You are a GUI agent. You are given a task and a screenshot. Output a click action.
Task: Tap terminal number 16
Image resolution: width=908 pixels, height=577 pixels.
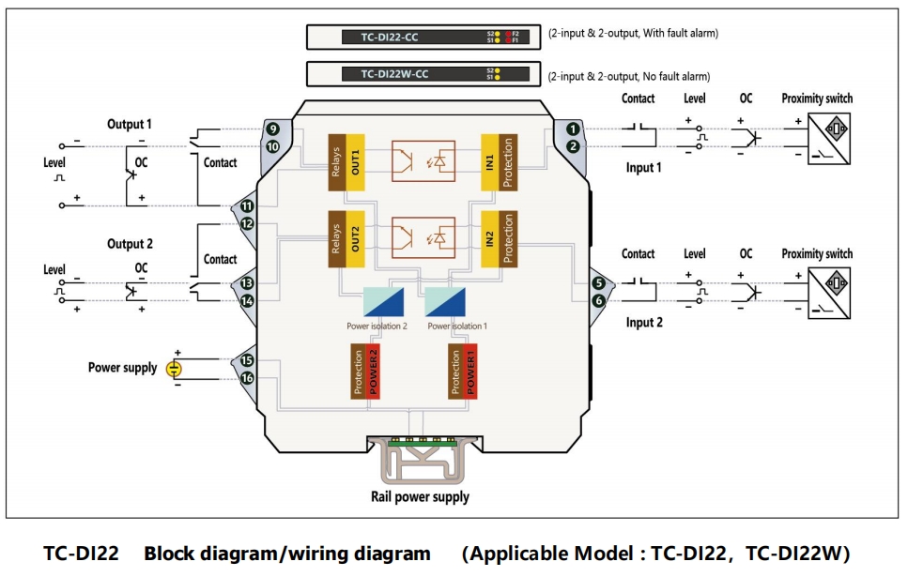247,378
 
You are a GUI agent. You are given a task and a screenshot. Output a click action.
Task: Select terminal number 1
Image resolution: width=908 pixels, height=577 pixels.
573,129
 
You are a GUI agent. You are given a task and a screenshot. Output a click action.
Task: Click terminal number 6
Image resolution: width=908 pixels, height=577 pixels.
599,301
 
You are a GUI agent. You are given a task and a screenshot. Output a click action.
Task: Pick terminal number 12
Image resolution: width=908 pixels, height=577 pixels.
247,224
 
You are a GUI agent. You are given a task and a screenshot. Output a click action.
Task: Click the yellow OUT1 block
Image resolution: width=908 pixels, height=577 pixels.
356,162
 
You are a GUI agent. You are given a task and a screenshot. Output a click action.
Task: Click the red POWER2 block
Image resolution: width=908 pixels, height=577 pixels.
373,372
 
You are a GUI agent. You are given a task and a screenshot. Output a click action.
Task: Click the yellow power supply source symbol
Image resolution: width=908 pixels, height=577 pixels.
174,369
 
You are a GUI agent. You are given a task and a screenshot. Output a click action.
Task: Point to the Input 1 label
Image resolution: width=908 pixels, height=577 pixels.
644,168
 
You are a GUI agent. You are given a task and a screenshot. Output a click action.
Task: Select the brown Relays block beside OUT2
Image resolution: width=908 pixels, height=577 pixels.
335,239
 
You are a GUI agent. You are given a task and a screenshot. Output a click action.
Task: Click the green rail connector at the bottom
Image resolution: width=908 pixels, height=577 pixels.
421,442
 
